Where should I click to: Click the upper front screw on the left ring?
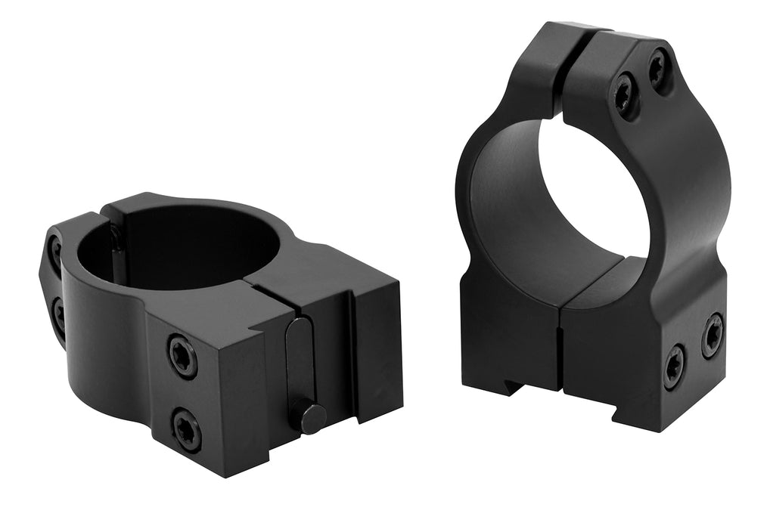point(182,355)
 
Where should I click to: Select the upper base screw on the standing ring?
point(712,334)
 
